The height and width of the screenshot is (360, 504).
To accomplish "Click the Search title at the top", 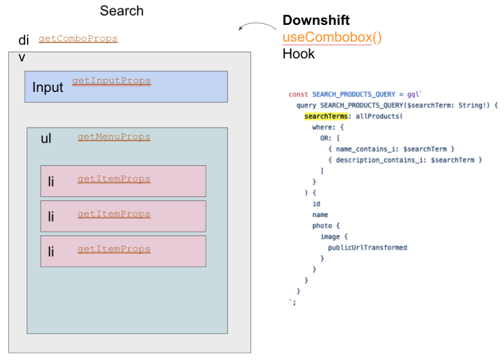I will tap(122, 11).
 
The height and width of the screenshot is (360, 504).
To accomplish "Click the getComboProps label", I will tap(78, 39).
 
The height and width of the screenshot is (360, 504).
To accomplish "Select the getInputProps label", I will tap(111, 81).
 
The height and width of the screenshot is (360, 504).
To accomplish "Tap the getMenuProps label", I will tap(114, 137).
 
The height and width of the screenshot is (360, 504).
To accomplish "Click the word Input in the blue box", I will tap(48, 88).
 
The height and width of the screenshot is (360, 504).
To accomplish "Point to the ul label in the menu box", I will tap(46, 139).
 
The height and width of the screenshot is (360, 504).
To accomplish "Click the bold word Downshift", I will tap(316, 21).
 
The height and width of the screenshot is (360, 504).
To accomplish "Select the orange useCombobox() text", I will tap(332, 38).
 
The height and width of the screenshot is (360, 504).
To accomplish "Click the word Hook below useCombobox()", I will tap(299, 54).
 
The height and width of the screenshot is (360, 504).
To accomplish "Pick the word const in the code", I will tap(299, 94).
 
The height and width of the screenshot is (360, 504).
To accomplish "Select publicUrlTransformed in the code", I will tap(367, 248).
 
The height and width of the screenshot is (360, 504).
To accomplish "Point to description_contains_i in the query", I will tap(379, 160).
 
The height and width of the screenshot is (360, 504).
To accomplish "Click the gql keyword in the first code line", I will tap(413, 94).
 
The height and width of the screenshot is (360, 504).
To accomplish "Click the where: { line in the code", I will tap(328, 127).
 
